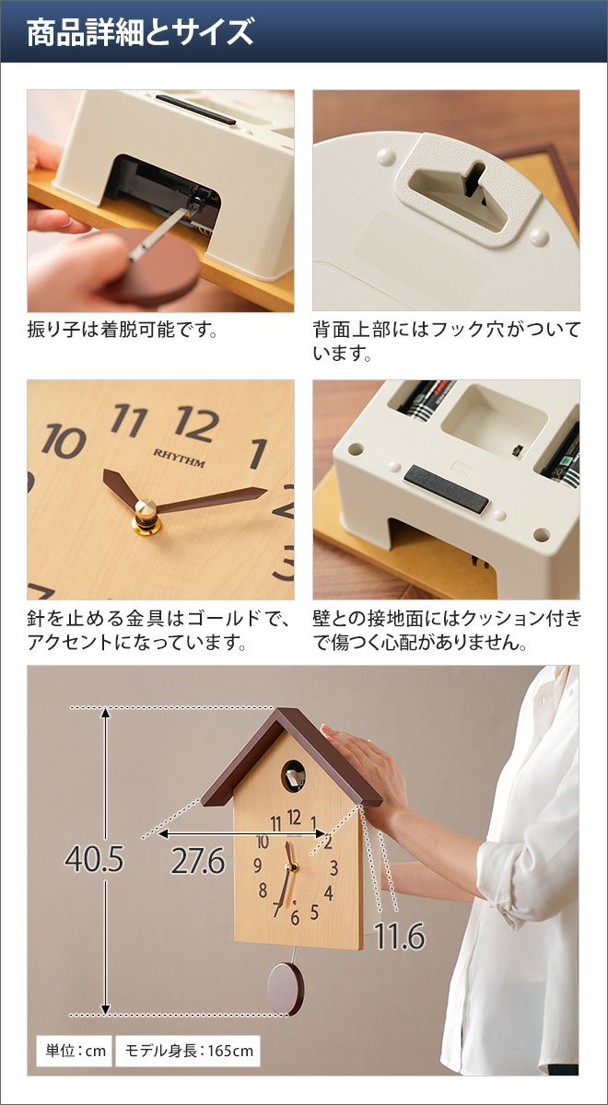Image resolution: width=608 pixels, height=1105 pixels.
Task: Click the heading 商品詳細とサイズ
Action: click(x=140, y=32)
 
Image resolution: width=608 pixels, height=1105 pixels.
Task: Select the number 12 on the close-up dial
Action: click(x=197, y=424)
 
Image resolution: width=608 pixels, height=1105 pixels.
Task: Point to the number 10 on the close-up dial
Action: click(x=64, y=440)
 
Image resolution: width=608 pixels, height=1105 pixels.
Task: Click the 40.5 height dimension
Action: click(x=94, y=859)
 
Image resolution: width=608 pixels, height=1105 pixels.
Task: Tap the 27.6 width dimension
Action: click(x=198, y=861)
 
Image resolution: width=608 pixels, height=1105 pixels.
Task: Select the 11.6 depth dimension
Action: click(x=400, y=936)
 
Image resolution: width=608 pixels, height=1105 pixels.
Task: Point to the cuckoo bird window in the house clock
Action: click(x=293, y=776)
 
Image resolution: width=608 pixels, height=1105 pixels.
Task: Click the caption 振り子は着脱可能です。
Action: click(x=123, y=330)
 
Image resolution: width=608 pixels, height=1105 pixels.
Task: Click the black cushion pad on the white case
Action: click(x=446, y=490)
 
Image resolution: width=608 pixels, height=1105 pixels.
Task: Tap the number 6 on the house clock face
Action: click(x=295, y=917)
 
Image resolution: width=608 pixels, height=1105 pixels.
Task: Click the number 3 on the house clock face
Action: click(x=333, y=867)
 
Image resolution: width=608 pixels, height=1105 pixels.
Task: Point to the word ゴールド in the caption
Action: click(x=222, y=619)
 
